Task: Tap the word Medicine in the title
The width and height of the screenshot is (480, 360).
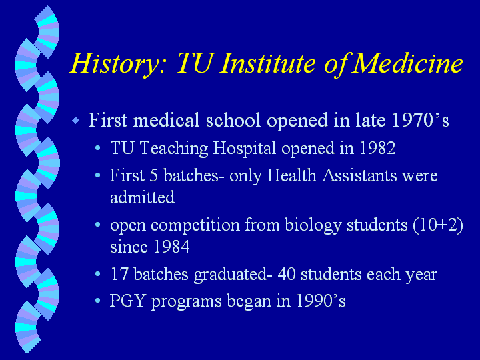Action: (x=407, y=63)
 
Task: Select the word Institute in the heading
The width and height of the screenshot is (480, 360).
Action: (x=267, y=63)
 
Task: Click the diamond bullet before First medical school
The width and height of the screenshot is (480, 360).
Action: (x=76, y=120)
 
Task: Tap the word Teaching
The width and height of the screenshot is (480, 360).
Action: (x=174, y=149)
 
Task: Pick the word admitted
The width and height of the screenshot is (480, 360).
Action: (x=143, y=197)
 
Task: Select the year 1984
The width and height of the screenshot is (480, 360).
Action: (x=171, y=247)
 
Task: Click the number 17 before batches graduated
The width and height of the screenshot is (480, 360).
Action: (x=119, y=274)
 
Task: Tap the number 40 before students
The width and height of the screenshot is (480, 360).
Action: (x=287, y=274)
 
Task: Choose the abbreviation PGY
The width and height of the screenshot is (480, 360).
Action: (x=127, y=301)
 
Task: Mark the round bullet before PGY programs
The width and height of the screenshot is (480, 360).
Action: (x=97, y=301)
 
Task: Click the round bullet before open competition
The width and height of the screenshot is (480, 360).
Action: (x=97, y=225)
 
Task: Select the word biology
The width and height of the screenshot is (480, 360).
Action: (x=313, y=226)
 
